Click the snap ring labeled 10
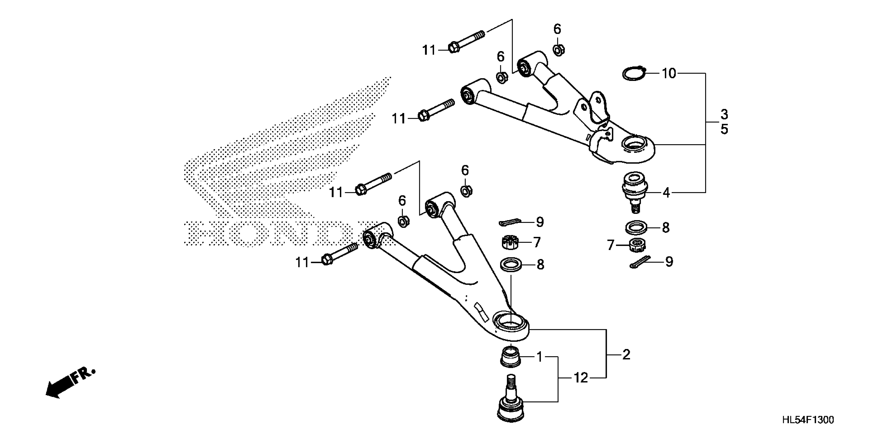point(633,74)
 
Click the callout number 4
point(666,193)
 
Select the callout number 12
point(581,378)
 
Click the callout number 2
point(626,355)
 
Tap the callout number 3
point(724,115)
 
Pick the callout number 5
point(724,129)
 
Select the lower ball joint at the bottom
point(511,404)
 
